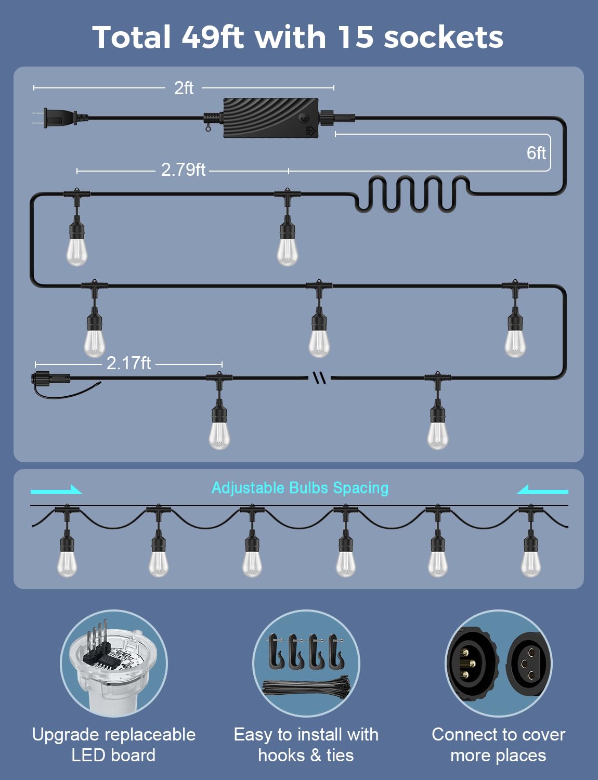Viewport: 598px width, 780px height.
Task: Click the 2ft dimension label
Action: click(184, 88)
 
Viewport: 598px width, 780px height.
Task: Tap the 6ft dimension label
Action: click(536, 153)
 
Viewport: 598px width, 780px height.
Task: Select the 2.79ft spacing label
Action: click(183, 170)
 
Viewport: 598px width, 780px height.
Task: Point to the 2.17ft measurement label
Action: click(128, 363)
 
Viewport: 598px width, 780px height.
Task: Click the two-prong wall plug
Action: click(59, 118)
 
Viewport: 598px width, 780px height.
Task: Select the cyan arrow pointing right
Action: click(56, 490)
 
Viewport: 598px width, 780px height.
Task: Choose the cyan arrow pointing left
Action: click(542, 490)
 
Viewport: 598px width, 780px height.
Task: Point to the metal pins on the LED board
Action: click(96, 639)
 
